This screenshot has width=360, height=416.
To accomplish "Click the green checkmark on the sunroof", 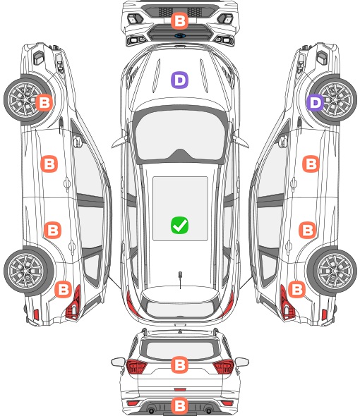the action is pyautogui.click(x=179, y=225).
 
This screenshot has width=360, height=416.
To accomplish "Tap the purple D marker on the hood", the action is pyautogui.click(x=179, y=80).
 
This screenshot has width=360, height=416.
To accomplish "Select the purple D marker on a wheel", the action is pyautogui.click(x=316, y=102).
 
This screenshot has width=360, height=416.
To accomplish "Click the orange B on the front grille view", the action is pyautogui.click(x=179, y=21).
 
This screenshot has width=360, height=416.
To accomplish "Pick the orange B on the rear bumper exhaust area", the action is pyautogui.click(x=179, y=405).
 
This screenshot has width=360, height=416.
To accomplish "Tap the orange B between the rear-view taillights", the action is pyautogui.click(x=179, y=365).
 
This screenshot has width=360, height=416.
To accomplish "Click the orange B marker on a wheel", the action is pyautogui.click(x=44, y=102).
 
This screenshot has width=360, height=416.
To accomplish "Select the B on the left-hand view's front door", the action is pyautogui.click(x=49, y=164).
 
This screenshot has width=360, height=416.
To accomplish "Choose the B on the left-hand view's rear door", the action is pyautogui.click(x=53, y=230).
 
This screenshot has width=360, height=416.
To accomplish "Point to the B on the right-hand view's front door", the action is pyautogui.click(x=311, y=164).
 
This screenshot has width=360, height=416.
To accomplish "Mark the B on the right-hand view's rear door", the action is pyautogui.click(x=307, y=230).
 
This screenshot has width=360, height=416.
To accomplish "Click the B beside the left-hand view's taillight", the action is pyautogui.click(x=64, y=289).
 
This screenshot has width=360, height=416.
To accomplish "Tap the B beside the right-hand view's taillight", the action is pyautogui.click(x=296, y=289).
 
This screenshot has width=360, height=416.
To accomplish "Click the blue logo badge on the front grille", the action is pyautogui.click(x=180, y=35).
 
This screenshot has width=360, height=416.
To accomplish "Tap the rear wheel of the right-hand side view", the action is pyautogui.click(x=333, y=271).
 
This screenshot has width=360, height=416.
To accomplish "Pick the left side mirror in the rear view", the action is pyautogui.click(x=118, y=362).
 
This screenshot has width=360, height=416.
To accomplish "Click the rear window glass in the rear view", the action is pyautogui.click(x=180, y=350).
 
